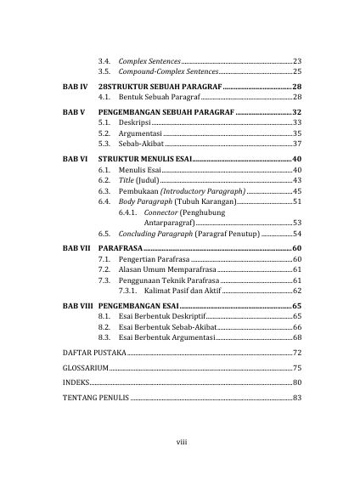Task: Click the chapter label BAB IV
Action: pyautogui.click(x=76, y=88)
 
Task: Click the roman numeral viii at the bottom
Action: pyautogui.click(x=181, y=441)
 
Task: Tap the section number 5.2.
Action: pyautogui.click(x=104, y=133)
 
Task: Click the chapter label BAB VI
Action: pyautogui.click(x=76, y=159)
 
